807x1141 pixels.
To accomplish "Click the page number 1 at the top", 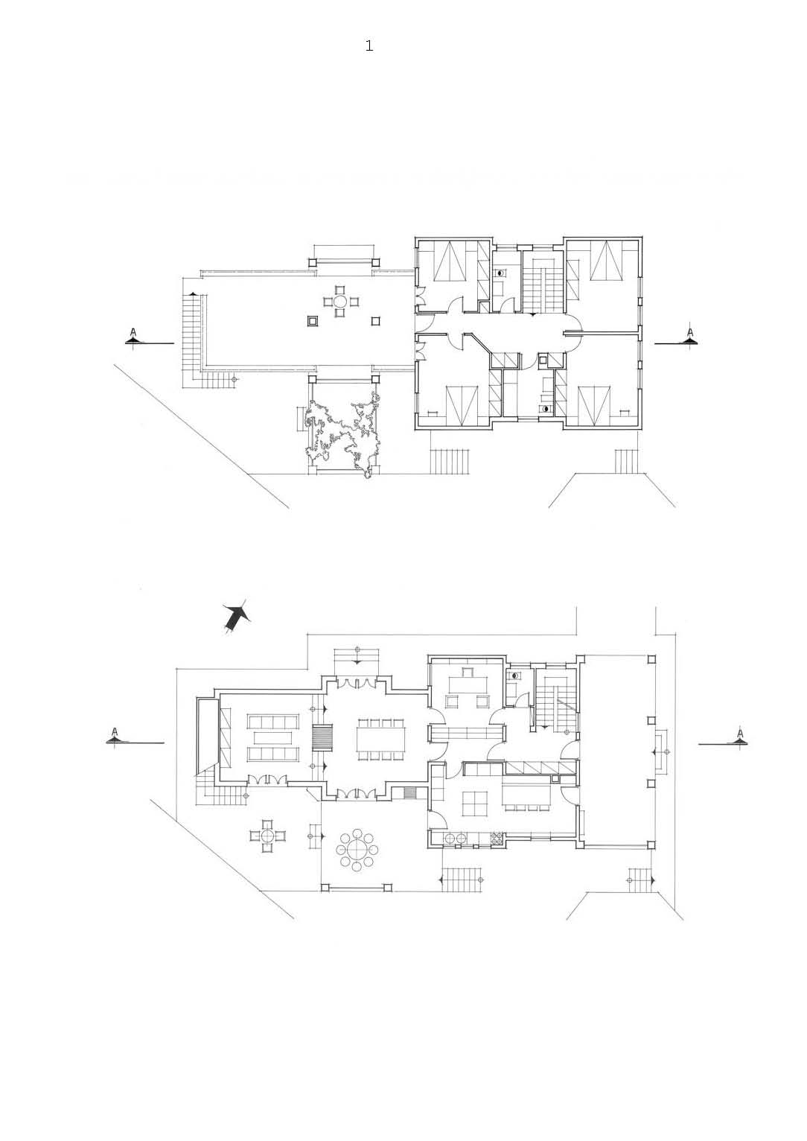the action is tap(369, 46).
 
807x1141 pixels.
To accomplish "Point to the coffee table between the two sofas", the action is tap(272, 738).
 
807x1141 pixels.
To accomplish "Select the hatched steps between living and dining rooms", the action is tap(322, 738).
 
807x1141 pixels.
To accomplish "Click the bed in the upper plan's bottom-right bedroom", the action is tap(595, 405).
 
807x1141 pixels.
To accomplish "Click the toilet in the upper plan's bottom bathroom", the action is tap(546, 409).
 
